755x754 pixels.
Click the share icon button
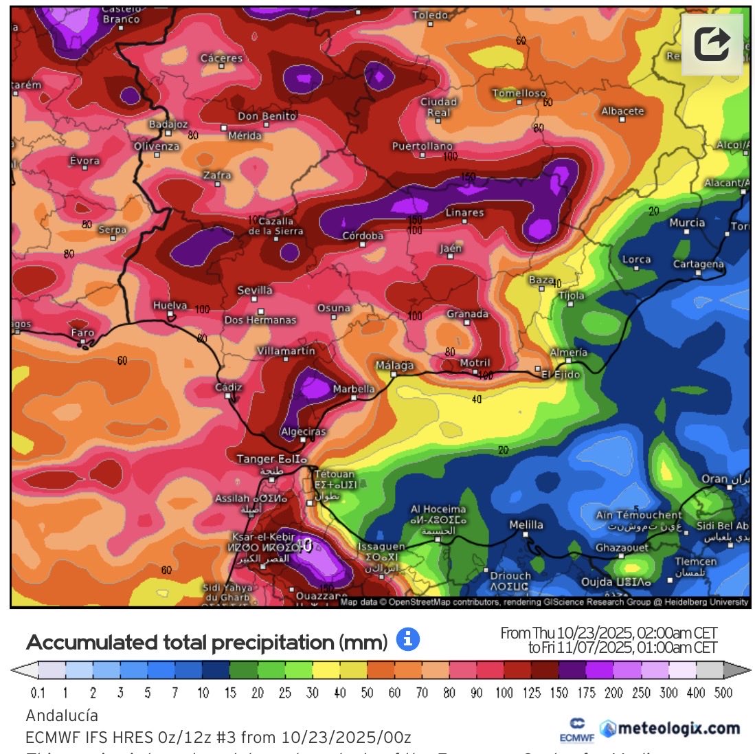click(x=712, y=45)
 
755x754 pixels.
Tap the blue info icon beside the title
click(x=407, y=639)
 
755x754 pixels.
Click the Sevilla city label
click(x=255, y=291)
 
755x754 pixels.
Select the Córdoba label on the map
click(x=363, y=236)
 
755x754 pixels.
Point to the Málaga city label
click(x=394, y=366)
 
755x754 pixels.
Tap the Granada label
click(x=467, y=314)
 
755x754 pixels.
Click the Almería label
click(x=569, y=353)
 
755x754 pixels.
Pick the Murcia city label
click(x=687, y=223)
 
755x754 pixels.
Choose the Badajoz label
click(x=168, y=124)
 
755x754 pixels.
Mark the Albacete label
click(x=622, y=111)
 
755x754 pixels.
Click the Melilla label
click(x=526, y=525)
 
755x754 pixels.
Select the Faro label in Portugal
click(x=82, y=333)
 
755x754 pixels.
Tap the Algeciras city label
click(x=304, y=432)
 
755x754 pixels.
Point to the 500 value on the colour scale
click(x=723, y=693)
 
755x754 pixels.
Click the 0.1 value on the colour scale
click(x=38, y=693)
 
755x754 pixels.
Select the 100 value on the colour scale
click(x=504, y=693)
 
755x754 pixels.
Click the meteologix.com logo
click(x=670, y=729)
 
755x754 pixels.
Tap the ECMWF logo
click(x=577, y=731)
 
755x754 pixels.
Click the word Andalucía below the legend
click(x=62, y=716)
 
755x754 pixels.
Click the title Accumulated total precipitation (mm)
click(x=206, y=643)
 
